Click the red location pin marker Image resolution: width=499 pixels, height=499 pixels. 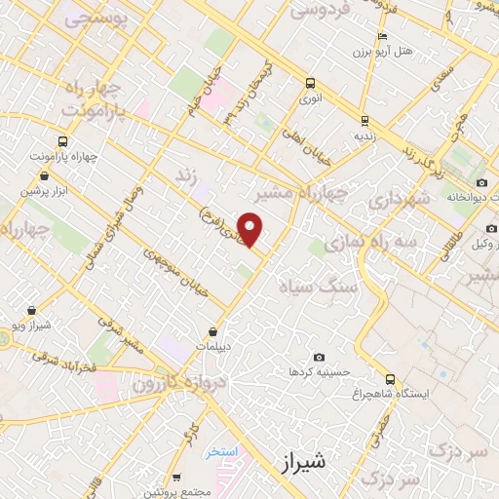tap(251, 229)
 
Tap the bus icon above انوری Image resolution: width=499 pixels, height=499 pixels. tap(310, 83)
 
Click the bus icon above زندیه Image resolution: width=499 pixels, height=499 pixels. tap(365, 122)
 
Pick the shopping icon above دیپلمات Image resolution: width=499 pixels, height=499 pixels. tap(213, 330)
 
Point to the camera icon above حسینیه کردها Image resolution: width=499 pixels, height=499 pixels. tap(319, 358)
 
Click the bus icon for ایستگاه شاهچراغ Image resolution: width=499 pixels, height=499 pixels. tap(390, 379)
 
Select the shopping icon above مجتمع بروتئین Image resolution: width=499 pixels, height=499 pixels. tap(175, 478)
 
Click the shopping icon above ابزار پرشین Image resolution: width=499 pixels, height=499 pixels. tap(32, 177)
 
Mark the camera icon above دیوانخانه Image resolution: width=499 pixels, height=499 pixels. tap(481, 182)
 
